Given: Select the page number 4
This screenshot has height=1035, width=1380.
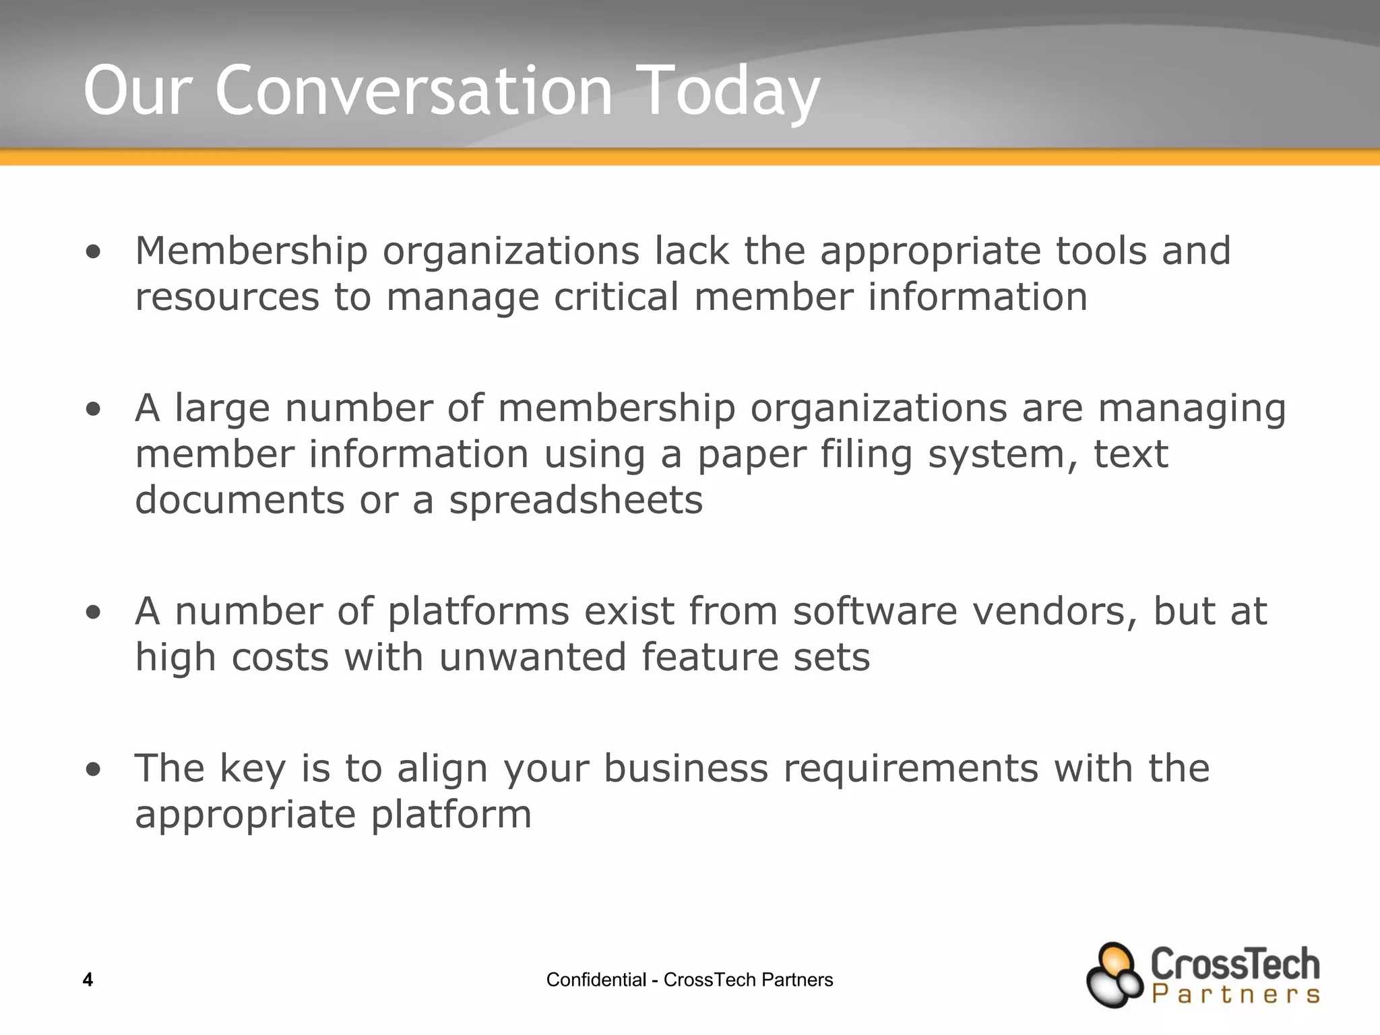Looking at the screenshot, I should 88,980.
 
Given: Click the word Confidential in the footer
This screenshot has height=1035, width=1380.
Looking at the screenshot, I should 596,980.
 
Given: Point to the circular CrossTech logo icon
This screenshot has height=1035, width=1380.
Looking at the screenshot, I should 1115,974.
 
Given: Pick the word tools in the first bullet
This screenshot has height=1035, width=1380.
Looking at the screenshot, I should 1101,251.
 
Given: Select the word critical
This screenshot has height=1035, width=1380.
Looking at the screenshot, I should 616,297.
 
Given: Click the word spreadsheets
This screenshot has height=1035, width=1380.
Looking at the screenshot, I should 576,501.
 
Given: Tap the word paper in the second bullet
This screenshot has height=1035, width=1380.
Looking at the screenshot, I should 751,455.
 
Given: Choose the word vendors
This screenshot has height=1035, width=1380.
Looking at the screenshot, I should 1055,612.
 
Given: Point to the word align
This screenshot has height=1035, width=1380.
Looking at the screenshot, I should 442,770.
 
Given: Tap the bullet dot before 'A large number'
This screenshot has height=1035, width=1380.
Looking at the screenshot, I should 94,409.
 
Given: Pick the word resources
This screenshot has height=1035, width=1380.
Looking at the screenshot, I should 227,297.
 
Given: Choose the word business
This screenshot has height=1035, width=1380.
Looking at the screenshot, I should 685,770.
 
